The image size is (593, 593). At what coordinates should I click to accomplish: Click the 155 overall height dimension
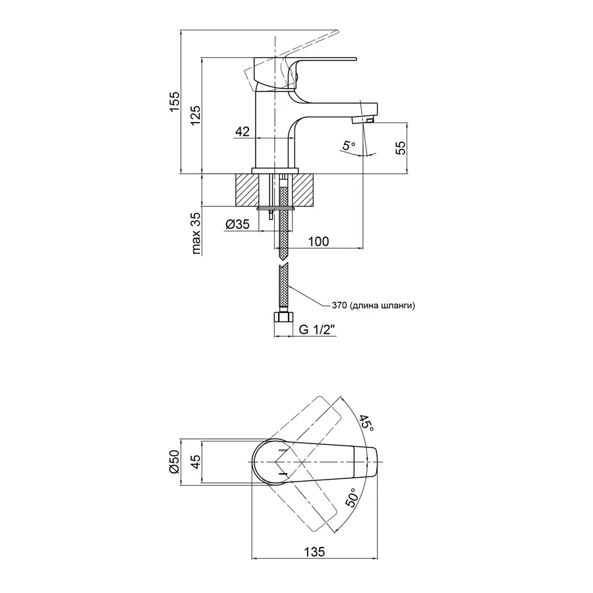point(174,101)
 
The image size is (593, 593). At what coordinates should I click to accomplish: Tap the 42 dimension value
point(242,131)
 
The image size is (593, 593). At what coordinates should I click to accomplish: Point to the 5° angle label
point(349,146)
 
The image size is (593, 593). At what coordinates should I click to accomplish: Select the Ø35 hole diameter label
point(237,225)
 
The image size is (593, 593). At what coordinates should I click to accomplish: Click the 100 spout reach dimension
point(318,242)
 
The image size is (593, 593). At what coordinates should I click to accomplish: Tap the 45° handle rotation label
point(366,419)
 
